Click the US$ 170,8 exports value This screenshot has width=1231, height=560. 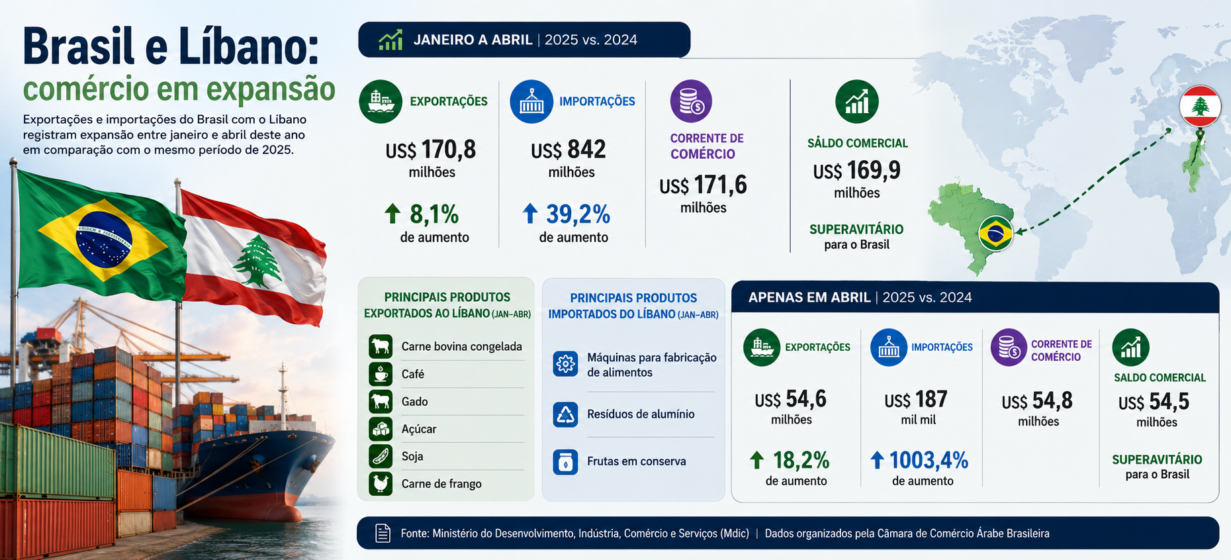click(431, 150)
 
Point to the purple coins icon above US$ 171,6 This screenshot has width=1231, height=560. click(691, 101)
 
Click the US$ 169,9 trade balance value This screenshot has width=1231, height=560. click(857, 171)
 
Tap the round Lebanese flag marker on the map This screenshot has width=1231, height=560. click(1200, 106)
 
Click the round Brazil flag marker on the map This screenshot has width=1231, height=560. click(995, 234)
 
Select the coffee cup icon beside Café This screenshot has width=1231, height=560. click(381, 374)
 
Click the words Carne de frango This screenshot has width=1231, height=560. click(441, 484)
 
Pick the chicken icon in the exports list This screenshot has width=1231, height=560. click(381, 484)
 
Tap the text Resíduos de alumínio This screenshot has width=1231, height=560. click(641, 414)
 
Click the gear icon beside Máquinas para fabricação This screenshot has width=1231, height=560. click(565, 364)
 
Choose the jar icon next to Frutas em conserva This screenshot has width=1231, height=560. click(565, 462)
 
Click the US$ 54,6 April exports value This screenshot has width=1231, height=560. click(791, 399)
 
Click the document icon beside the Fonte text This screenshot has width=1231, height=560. click(383, 534)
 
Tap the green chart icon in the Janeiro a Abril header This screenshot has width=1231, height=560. click(390, 40)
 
